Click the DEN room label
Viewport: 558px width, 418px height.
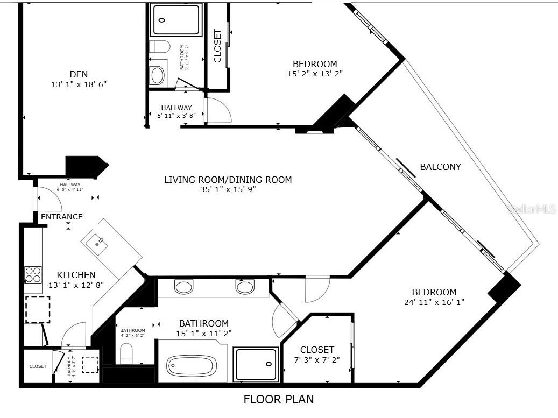(x=79, y=74)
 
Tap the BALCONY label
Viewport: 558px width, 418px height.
(x=440, y=167)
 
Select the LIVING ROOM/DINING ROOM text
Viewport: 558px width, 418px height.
(x=228, y=180)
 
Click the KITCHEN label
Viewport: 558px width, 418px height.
(x=76, y=275)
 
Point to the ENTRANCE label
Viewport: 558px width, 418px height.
(x=62, y=217)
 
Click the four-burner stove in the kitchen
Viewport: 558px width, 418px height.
(x=33, y=275)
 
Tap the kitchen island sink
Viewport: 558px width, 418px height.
(x=98, y=244)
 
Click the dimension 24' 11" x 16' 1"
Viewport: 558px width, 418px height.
(x=434, y=302)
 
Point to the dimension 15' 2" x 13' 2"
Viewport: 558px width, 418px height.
(x=315, y=74)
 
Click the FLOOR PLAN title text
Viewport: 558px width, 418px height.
(x=279, y=400)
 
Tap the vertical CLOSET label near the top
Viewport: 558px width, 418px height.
(x=218, y=46)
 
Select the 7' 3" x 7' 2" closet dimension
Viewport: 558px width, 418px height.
(x=317, y=359)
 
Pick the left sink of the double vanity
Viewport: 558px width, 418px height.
(x=183, y=287)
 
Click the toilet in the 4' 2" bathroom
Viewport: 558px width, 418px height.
(x=126, y=353)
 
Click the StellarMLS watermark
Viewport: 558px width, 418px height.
(x=532, y=209)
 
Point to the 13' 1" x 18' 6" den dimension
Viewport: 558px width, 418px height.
(x=79, y=84)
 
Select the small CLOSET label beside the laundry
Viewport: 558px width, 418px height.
(x=38, y=366)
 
